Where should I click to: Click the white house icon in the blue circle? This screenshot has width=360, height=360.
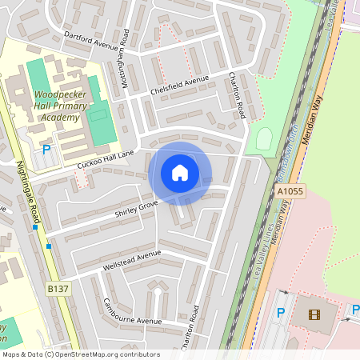pyautogui.click(x=180, y=172)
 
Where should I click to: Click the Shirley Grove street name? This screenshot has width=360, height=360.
pyautogui.click(x=137, y=209)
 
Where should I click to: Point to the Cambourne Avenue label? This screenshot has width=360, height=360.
pyautogui.click(x=133, y=313)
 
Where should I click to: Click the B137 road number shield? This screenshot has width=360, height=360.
pyautogui.click(x=56, y=288)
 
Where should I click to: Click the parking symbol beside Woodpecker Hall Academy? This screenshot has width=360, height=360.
pyautogui.click(x=46, y=149)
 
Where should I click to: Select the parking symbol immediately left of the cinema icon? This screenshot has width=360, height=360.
pyautogui.click(x=280, y=313)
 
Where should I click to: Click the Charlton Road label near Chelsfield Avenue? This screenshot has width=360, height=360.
pyautogui.click(x=236, y=96)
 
